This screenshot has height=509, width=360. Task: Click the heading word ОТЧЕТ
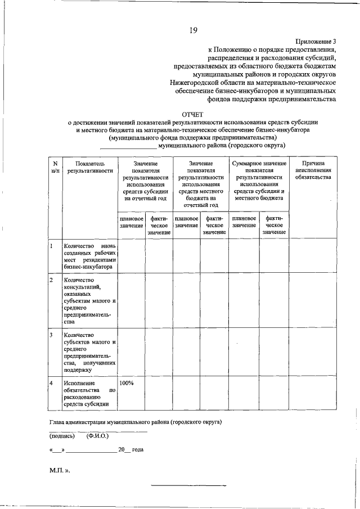point(192,114)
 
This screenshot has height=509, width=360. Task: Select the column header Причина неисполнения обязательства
point(313,170)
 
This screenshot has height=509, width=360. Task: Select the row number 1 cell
point(51,246)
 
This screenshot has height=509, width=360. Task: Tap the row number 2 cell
point(51,280)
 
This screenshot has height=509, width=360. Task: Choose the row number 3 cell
point(51,335)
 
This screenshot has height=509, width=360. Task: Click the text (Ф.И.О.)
point(97,436)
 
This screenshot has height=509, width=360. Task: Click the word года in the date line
point(138,451)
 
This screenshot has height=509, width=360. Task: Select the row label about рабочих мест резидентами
point(89,256)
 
